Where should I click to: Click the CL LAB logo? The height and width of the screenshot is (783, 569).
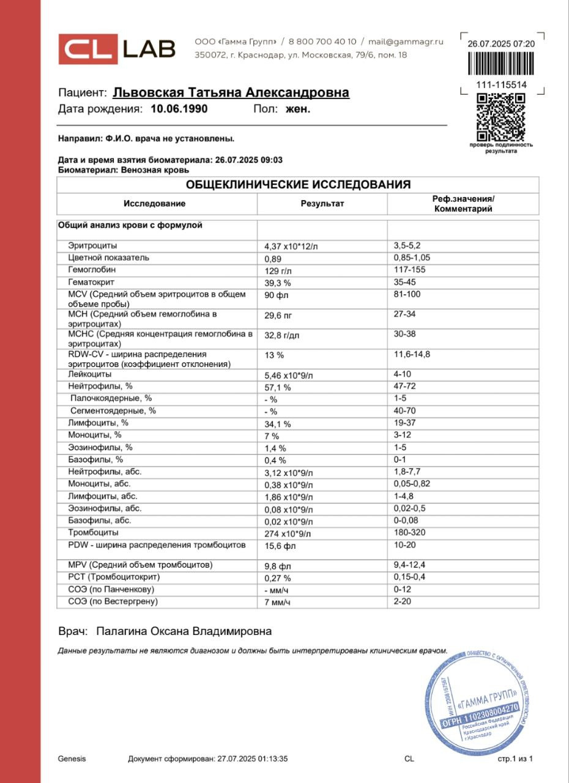click(117, 49)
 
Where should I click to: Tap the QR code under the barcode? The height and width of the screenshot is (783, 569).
click(500, 117)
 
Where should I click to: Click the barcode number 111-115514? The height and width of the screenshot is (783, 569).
click(501, 85)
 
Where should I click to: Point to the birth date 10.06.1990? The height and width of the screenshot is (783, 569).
click(179, 109)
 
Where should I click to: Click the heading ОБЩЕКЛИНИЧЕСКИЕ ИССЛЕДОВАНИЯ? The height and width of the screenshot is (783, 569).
click(298, 185)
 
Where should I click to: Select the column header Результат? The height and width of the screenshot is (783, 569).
click(322, 204)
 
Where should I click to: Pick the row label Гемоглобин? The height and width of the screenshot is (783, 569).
click(92, 270)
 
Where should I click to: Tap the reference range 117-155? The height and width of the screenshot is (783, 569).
click(409, 270)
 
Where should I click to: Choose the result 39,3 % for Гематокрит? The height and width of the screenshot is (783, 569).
click(277, 283)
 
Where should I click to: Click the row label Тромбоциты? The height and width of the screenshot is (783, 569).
click(92, 533)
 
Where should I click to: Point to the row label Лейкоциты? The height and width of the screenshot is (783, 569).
click(90, 374)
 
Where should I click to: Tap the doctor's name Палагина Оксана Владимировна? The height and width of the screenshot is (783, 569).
click(184, 631)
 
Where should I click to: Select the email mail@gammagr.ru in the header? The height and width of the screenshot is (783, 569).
click(406, 42)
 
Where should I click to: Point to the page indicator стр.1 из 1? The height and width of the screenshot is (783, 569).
click(515, 759)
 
